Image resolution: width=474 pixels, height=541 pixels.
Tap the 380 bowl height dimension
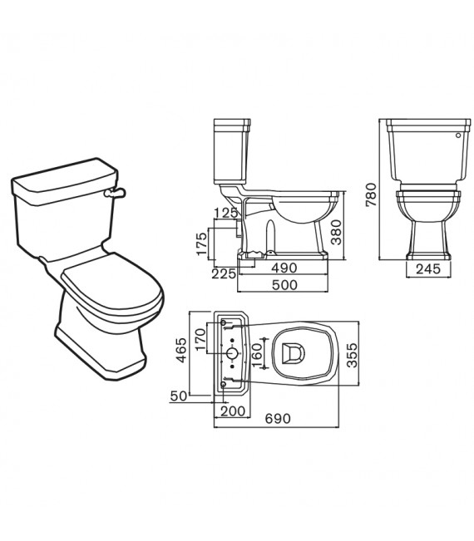(337, 233)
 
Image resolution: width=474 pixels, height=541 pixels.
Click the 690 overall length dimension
(277, 420)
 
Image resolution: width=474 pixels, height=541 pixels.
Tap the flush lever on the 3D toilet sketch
(114, 192)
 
